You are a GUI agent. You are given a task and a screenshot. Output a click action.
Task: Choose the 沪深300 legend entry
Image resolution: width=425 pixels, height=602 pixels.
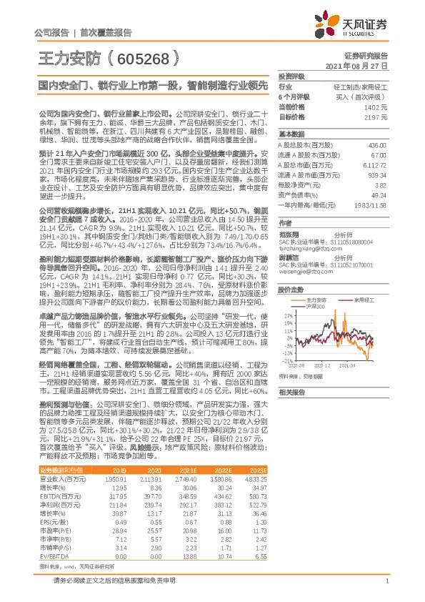[316, 306]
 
